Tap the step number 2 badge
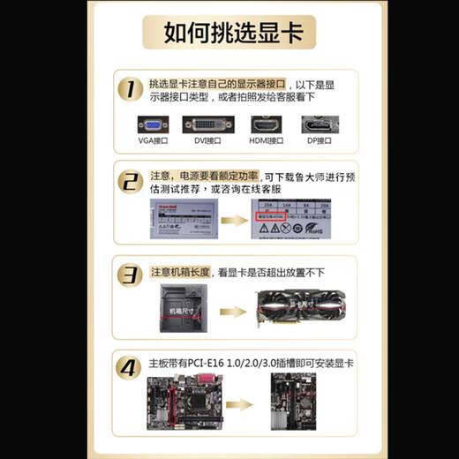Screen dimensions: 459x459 (131, 182)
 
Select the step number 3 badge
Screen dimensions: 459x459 (131, 275)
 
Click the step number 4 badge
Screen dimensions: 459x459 (131, 366)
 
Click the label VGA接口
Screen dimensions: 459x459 (153, 141)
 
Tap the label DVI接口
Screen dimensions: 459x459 (209, 141)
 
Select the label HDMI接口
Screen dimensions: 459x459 (266, 141)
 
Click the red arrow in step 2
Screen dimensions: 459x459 (231, 222)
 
